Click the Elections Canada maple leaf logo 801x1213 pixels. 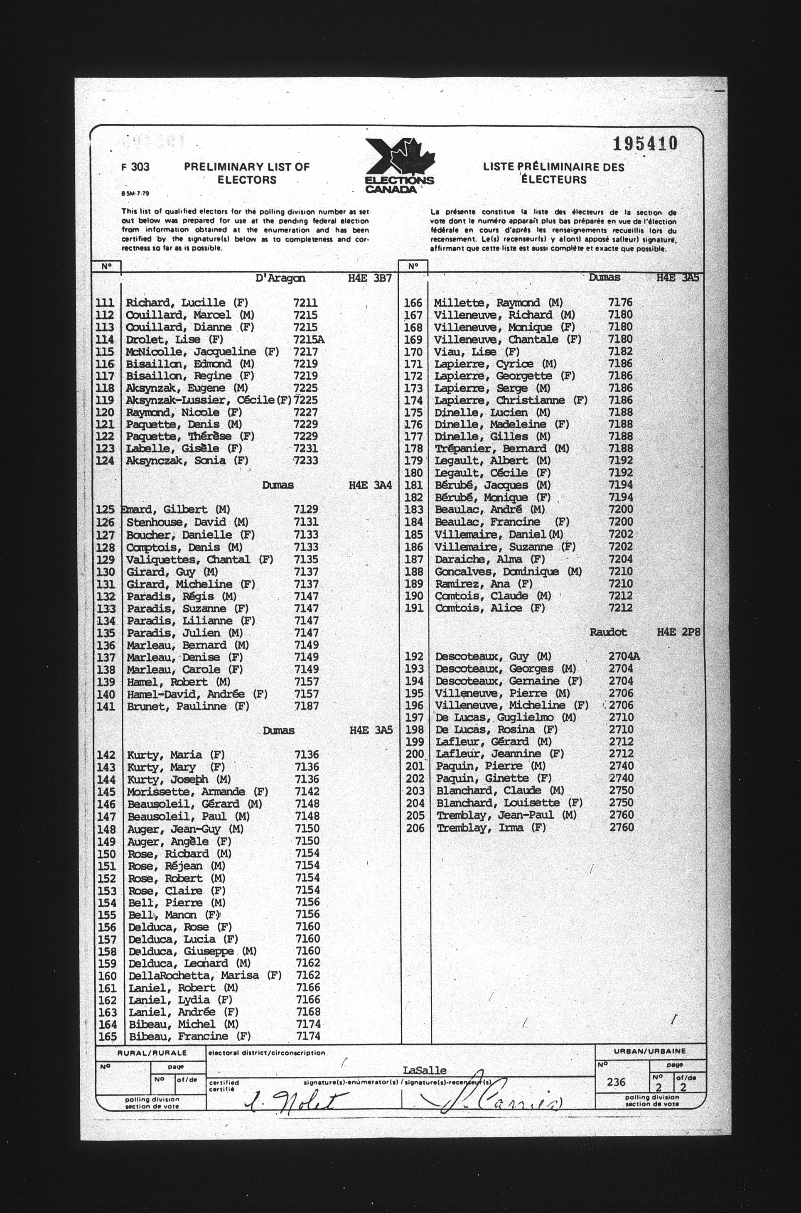click(x=400, y=165)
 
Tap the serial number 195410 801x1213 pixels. click(x=645, y=143)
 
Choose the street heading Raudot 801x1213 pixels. click(x=608, y=632)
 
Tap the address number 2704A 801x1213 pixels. click(x=624, y=656)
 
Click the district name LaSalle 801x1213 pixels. click(x=424, y=1070)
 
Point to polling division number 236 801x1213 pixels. click(x=617, y=1082)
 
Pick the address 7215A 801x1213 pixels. click(x=309, y=339)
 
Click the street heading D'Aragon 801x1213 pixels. click(x=280, y=278)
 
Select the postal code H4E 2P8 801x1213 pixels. click(x=678, y=632)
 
